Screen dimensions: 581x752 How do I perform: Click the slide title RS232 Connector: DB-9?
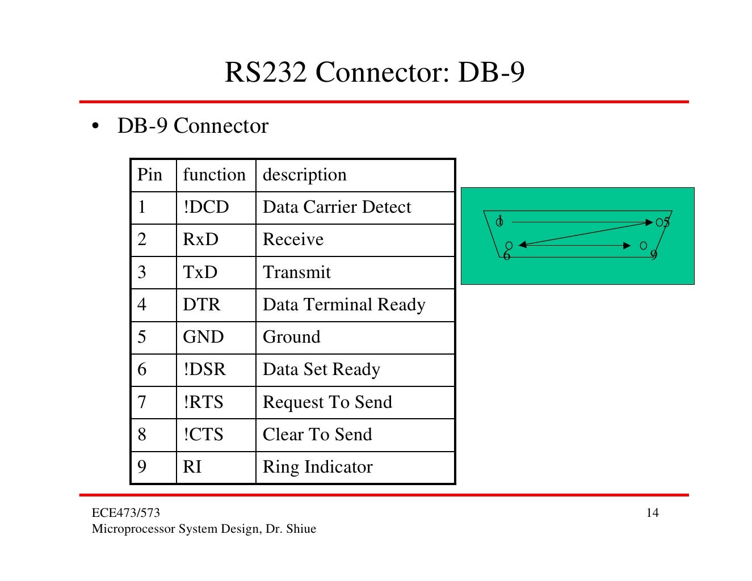pos(375,73)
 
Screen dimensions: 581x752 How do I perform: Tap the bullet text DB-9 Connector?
pos(192,126)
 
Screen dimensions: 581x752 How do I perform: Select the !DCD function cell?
pos(206,207)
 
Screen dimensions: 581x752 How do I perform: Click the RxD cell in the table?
pos(200,239)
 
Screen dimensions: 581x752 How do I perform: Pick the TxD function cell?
pos(200,272)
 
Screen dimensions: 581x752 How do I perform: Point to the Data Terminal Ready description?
pos(344,305)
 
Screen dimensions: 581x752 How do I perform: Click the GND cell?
pos(203,337)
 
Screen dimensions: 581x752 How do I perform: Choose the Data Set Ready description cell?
pos(321,369)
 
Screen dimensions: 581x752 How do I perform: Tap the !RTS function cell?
pos(203,402)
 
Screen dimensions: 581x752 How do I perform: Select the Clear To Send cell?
pos(317,435)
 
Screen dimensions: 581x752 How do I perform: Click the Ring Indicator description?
pos(317,467)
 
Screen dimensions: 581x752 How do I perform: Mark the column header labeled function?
pos(214,175)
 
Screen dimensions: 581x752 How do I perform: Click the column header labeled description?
pos(304,175)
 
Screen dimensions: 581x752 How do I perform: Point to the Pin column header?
pos(150,175)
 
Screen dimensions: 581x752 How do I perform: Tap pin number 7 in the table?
pos(142,402)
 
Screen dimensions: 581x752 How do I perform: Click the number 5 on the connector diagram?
pos(667,222)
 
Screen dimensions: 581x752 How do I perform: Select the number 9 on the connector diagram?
pos(654,255)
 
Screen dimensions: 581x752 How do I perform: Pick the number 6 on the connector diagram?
pos(507,256)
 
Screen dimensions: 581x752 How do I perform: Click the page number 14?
pos(653,513)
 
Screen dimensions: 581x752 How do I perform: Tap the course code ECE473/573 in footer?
pos(126,513)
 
